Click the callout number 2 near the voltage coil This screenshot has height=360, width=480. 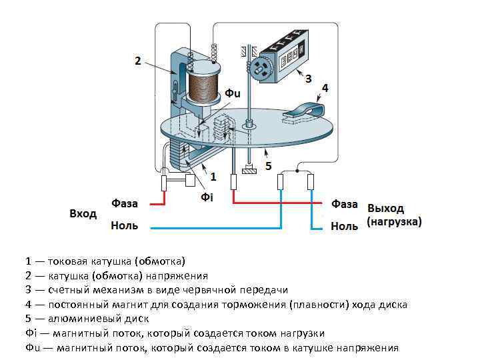pos(137,61)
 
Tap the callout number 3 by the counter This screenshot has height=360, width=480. pos(308,79)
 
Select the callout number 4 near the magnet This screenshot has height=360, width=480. pos(325,88)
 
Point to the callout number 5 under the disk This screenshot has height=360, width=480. pos(268,165)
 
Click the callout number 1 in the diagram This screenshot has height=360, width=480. pos(213,177)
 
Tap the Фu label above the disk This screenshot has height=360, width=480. pos(232,93)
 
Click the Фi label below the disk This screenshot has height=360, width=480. pos(207,198)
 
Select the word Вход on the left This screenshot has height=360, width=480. pos(83,214)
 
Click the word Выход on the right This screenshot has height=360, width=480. pos(386,208)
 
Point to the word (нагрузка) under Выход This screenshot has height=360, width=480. pos(394,221)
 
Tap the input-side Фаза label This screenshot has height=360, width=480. pos(125,203)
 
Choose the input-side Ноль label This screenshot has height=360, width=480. pos(124,226)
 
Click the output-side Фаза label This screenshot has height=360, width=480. pos(345,204)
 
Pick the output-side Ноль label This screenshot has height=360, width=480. pos(344,227)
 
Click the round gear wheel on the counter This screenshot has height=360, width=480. pos(260,69)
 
